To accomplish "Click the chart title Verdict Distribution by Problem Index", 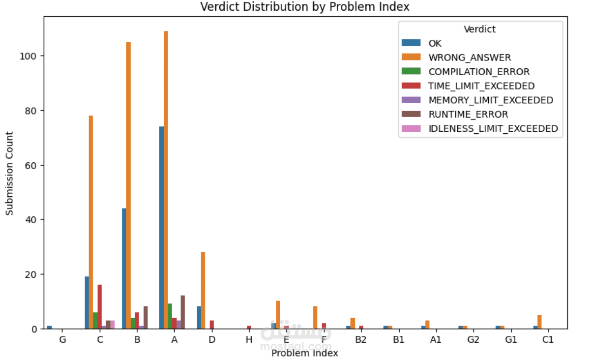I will click(305, 7).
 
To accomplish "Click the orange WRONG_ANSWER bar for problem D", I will click(203, 290).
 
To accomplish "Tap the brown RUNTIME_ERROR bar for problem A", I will click(183, 312).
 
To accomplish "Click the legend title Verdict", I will click(479, 30).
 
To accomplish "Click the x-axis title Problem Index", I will click(304, 353).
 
